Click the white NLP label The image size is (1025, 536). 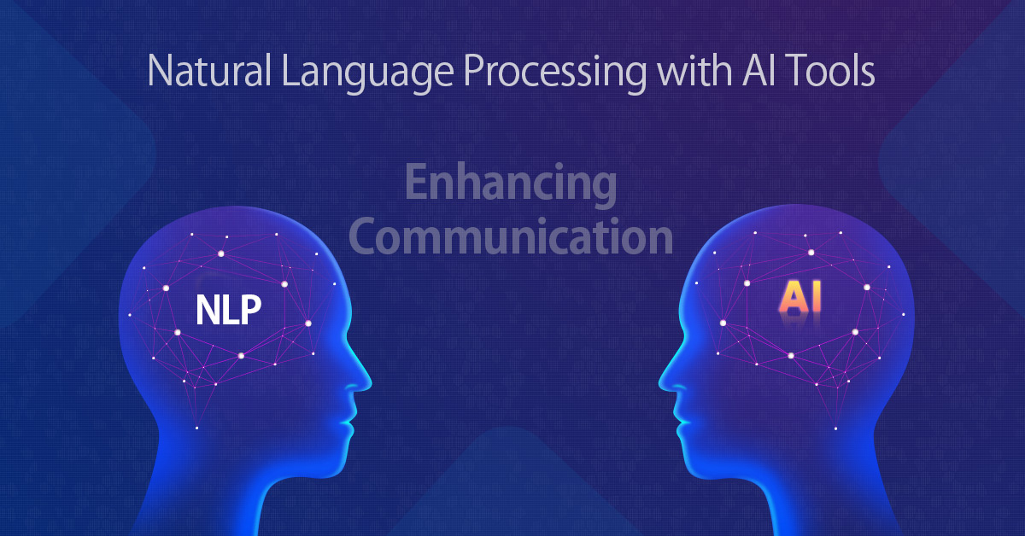[228, 310]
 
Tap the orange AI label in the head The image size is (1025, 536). [799, 297]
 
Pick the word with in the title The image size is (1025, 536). [693, 71]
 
